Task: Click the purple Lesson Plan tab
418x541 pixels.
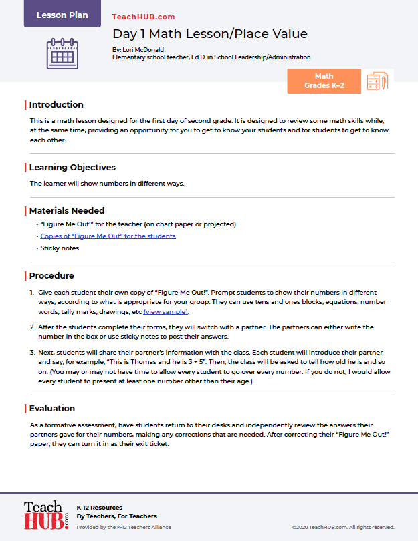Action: [62, 14]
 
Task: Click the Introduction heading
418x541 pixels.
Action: [56, 105]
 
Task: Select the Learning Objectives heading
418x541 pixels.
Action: [72, 168]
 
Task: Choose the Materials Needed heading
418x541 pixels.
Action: [67, 211]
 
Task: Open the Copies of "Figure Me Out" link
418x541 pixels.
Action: [108, 236]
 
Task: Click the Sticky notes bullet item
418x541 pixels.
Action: [60, 248]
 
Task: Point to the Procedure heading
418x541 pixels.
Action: [51, 276]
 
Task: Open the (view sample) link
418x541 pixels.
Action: [166, 312]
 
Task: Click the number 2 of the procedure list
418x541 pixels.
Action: [32, 327]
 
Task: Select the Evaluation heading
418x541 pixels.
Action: [52, 409]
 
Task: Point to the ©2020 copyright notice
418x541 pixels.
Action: [344, 527]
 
